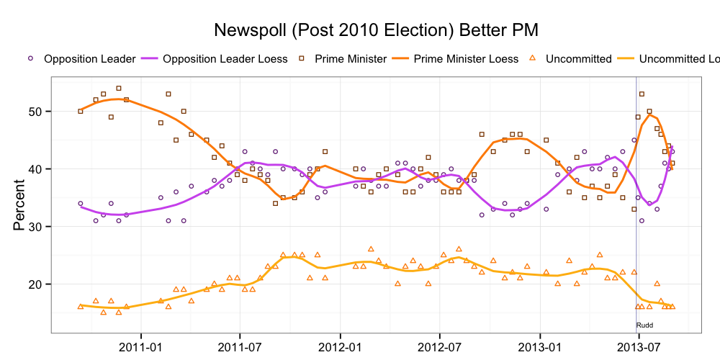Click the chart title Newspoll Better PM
(377, 30)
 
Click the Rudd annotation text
(644, 325)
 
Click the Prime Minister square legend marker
(303, 58)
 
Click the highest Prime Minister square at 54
(119, 89)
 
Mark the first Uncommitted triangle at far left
(80, 306)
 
